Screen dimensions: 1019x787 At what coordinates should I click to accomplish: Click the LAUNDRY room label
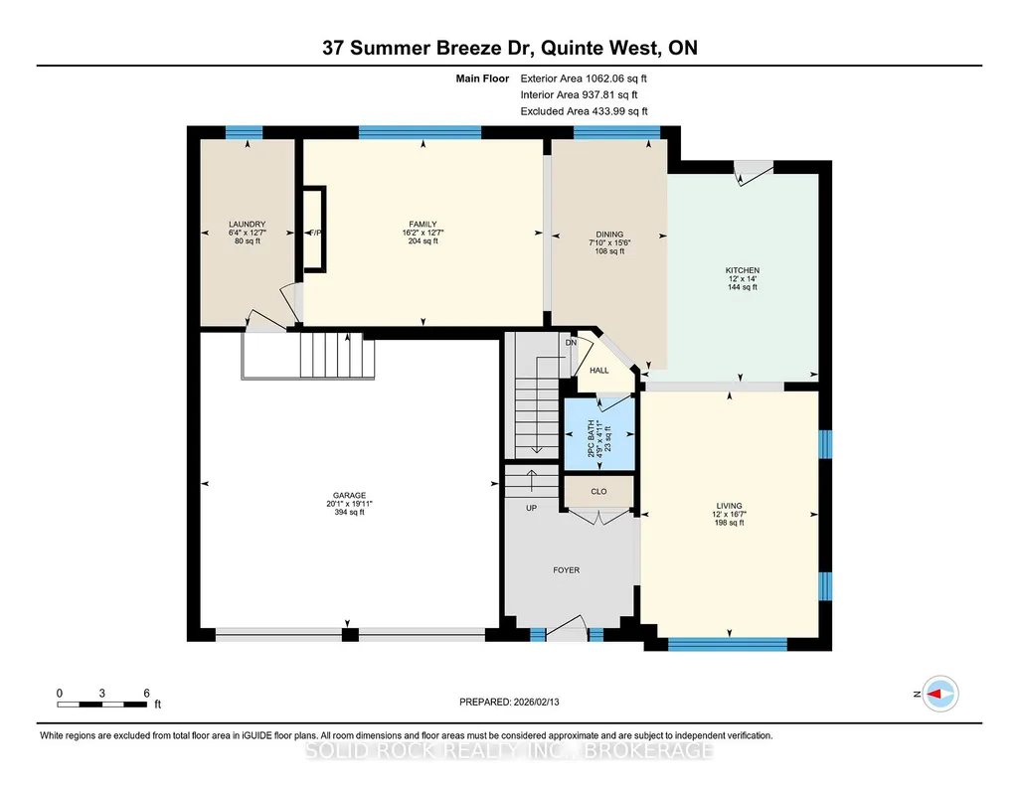pos(247,224)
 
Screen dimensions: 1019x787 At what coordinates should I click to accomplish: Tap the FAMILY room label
pos(424,224)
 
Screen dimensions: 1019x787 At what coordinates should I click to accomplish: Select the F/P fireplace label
pos(315,233)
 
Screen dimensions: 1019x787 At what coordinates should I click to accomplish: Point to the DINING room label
pos(609,235)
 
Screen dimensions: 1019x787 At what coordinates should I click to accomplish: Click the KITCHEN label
pos(743,270)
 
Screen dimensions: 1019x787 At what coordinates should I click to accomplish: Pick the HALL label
pos(599,370)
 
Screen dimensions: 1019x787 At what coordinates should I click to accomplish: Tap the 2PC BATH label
pos(592,438)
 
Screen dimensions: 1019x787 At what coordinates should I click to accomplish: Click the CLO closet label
pos(598,492)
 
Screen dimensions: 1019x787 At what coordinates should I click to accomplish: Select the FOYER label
pos(566,570)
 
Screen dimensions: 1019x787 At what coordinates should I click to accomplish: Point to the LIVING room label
pos(729,506)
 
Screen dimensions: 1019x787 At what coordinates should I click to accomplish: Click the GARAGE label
pos(350,496)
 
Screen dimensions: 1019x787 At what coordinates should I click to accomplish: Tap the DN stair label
pos(571,342)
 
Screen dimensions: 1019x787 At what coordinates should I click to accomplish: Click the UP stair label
pos(531,508)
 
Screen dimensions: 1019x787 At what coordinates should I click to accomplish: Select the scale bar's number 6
pos(147,693)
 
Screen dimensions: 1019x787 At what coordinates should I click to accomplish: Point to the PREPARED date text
pos(509,702)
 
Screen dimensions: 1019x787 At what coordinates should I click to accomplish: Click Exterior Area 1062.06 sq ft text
pos(584,79)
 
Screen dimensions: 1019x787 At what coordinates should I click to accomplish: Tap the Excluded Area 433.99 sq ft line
pos(584,111)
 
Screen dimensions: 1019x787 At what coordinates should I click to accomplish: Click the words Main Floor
pos(482,79)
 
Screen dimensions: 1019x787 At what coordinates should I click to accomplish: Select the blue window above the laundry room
pos(245,132)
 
